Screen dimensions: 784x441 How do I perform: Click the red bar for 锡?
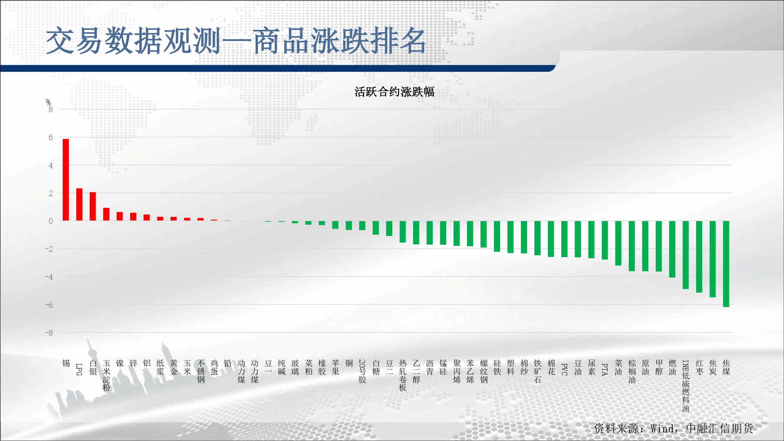coord(66,180)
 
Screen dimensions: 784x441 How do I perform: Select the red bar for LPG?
coord(79,205)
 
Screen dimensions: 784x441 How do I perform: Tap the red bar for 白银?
coord(93,207)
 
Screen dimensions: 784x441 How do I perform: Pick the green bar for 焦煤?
coord(726,264)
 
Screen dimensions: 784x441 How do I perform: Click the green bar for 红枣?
coord(699,257)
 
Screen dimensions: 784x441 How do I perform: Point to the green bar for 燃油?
coord(672,249)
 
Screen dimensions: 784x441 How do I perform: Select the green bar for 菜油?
coord(618,243)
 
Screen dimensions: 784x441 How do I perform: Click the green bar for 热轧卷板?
coord(403,232)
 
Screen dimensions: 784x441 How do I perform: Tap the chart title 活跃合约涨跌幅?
coord(394,92)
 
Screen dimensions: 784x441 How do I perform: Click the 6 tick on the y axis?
coord(51,137)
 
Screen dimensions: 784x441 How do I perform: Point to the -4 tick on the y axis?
coord(49,277)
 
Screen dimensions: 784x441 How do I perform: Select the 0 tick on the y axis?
coord(51,221)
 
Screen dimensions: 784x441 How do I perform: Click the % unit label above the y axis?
coord(48,102)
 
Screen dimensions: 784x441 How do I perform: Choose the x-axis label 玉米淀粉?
coord(106,376)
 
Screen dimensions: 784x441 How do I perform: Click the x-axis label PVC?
coord(564,369)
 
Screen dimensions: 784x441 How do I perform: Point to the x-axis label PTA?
coord(605,369)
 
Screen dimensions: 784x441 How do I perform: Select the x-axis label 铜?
coord(349,363)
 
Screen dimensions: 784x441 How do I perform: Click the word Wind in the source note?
coord(662,428)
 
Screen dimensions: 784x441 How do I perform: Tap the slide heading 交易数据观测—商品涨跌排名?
coord(236,41)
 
